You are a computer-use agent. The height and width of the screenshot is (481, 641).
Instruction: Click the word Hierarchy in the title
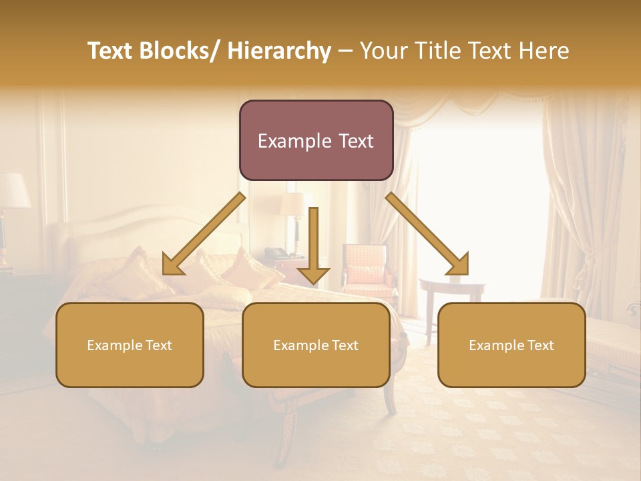pos(279,51)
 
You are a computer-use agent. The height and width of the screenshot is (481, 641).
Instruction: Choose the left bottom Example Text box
pos(130,345)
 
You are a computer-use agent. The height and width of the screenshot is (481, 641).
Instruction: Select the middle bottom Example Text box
pos(316,345)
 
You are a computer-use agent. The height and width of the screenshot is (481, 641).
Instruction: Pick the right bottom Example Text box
pos(511,345)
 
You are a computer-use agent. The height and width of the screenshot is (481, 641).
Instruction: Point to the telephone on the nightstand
pos(275,253)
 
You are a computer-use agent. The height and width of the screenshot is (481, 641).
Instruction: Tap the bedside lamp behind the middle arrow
pos(292,207)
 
